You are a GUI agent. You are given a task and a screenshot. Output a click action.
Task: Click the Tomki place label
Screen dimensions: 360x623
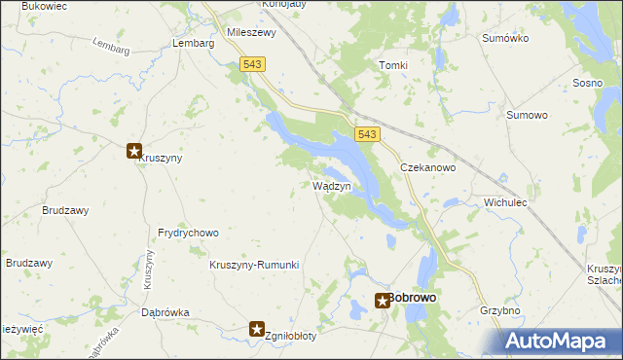[x=393, y=65]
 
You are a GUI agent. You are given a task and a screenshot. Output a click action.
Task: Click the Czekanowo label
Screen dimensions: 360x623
[x=428, y=167]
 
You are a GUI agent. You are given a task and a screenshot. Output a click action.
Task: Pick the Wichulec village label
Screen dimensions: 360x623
[x=504, y=203]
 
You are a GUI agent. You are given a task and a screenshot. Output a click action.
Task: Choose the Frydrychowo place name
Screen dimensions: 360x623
[x=188, y=234]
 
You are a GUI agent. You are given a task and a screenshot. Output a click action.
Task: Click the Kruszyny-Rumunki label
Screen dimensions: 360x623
[x=254, y=265]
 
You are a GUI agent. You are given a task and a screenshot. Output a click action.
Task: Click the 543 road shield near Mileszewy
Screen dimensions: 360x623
[x=253, y=63]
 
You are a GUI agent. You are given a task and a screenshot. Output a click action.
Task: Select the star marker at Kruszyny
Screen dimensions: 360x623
[x=134, y=151]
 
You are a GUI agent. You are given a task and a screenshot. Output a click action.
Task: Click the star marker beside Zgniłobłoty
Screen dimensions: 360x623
[x=257, y=330]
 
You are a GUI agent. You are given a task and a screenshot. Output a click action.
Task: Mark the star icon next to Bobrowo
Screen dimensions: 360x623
[x=383, y=301]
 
